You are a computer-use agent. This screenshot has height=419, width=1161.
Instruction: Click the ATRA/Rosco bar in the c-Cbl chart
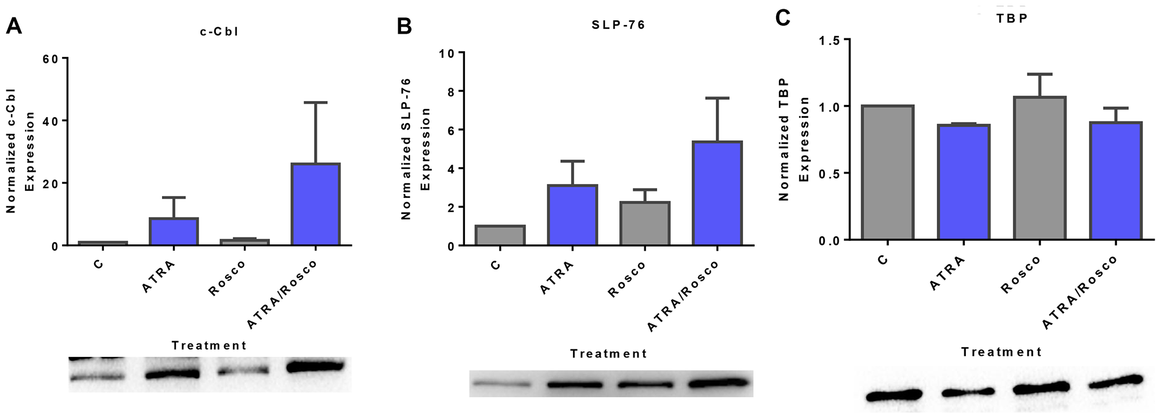click(316, 204)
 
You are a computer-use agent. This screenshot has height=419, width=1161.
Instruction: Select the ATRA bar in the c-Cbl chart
click(174, 232)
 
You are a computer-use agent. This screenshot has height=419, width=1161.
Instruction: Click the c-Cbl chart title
click(219, 32)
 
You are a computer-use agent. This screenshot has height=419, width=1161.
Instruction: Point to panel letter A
click(13, 26)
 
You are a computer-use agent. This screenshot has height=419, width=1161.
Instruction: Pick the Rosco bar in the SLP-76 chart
click(645, 223)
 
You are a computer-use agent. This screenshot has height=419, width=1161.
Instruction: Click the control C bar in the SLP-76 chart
click(500, 235)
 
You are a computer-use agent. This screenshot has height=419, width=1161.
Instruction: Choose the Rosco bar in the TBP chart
click(1039, 168)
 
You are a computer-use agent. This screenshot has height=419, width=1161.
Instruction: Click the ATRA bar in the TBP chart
click(964, 182)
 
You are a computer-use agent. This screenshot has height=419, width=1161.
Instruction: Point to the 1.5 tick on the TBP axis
click(829, 39)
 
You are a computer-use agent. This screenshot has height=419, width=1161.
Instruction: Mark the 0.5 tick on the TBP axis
click(829, 173)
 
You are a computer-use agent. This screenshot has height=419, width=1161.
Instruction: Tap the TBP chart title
click(1012, 18)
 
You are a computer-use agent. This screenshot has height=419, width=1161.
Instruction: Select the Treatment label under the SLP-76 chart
click(608, 353)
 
